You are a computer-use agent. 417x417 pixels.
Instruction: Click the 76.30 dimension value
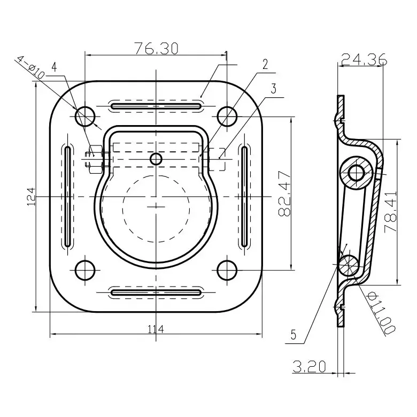(x=156, y=49)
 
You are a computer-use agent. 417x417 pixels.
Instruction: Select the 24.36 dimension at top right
(x=364, y=59)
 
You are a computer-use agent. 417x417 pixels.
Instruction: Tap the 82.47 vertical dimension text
(x=284, y=194)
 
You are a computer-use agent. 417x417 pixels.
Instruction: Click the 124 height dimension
(x=32, y=197)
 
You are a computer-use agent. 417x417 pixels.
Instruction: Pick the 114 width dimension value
(x=156, y=329)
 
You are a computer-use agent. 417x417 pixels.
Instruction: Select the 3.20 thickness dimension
(x=310, y=366)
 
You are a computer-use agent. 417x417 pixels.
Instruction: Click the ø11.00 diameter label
(x=381, y=313)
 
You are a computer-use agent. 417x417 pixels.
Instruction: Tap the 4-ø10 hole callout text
(x=30, y=67)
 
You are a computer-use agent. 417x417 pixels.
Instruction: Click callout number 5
(x=294, y=335)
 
